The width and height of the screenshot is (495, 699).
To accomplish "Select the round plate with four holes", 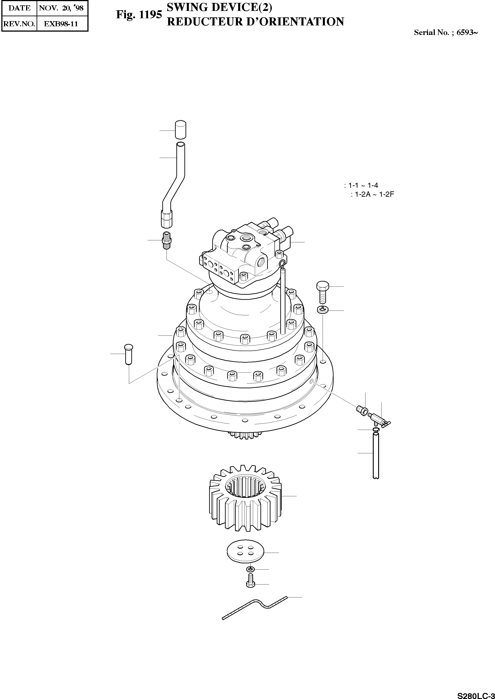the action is coord(245,552).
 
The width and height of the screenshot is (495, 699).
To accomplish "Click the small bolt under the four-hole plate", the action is coord(250,582).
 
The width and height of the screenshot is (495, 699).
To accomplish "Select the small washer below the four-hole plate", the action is coord(251,569).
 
